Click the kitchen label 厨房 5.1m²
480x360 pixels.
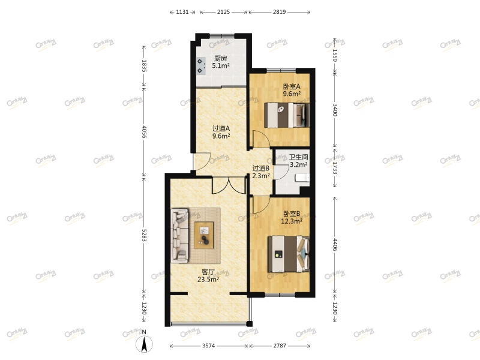(x=220, y=62)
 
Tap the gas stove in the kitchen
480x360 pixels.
(x=200, y=65)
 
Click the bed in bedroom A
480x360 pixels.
(x=287, y=115)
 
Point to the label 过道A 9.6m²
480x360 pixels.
(x=221, y=132)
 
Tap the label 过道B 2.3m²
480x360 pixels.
(x=261, y=172)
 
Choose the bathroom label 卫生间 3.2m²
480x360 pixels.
(x=298, y=161)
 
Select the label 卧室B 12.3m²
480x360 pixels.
(x=291, y=217)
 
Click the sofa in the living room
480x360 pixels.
(x=181, y=235)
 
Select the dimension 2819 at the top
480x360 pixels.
(x=279, y=11)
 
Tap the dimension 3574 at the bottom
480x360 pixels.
(x=209, y=346)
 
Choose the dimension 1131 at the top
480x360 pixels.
(x=183, y=11)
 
